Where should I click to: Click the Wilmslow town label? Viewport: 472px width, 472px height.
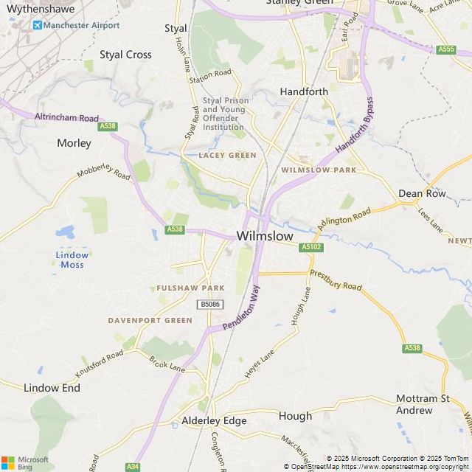pos(265,236)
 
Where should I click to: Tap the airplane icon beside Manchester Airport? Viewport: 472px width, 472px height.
pos(37,25)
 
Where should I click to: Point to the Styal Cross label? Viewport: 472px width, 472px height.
pos(125,55)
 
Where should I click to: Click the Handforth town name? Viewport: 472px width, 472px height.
pos(304,91)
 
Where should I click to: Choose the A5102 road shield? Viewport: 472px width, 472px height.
pos(311,247)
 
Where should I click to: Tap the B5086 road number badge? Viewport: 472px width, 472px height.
pos(209,305)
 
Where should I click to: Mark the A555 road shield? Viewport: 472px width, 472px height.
pos(446,49)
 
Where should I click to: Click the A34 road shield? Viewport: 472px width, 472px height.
pos(133,466)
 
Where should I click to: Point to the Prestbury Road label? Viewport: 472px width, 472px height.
pos(336,280)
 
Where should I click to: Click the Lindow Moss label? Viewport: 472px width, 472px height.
pos(72,260)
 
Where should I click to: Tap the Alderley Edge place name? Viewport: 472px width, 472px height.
pos(214,420)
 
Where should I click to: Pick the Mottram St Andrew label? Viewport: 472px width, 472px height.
pos(423,404)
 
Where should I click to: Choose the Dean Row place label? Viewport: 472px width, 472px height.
pos(422,193)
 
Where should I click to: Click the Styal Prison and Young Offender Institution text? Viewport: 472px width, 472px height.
pos(223,114)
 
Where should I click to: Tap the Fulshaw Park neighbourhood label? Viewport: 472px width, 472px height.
pos(190,288)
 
